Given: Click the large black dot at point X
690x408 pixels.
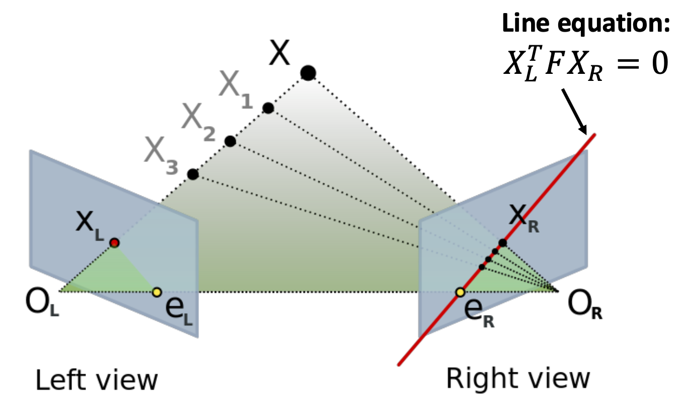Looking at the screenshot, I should coord(308,73).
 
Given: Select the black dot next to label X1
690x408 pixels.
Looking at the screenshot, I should coord(268,108).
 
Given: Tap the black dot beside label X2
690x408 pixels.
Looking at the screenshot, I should coord(230,141).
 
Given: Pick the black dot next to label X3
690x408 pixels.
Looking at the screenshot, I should coord(192,174).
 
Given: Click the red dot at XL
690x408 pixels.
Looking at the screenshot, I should coord(114,243).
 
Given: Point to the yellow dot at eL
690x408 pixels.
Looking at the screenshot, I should coord(156,291).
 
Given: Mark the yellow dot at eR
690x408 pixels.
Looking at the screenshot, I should coord(460,292).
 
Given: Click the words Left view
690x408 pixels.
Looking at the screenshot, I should coord(96,380).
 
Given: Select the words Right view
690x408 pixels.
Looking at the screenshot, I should coord(517,379).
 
